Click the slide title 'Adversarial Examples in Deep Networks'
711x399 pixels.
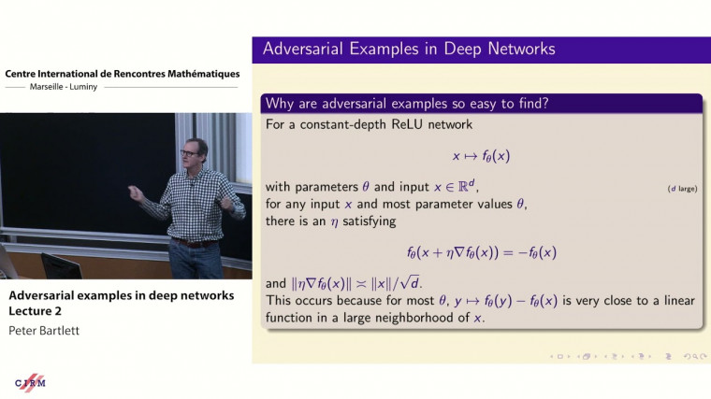409,49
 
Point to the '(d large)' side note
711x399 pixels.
682,189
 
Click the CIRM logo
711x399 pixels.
31,381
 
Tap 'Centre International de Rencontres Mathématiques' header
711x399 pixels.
122,74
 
